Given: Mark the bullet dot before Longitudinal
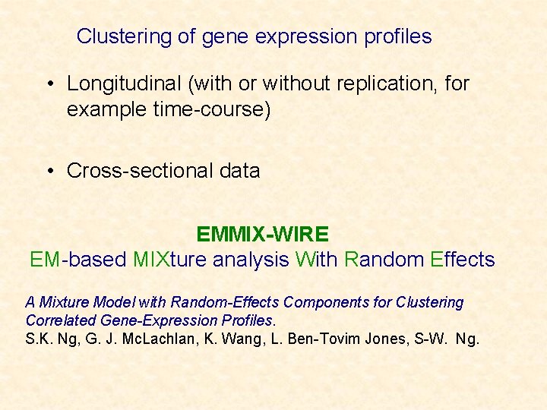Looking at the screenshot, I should click(51, 84).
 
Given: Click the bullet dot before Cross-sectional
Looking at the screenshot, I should click(51, 171).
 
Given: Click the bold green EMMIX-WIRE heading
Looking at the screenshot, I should click(262, 234).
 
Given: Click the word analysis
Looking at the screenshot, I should click(251, 260).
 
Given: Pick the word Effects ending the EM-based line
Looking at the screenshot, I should click(462, 260).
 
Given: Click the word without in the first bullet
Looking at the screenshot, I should click(294, 84).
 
